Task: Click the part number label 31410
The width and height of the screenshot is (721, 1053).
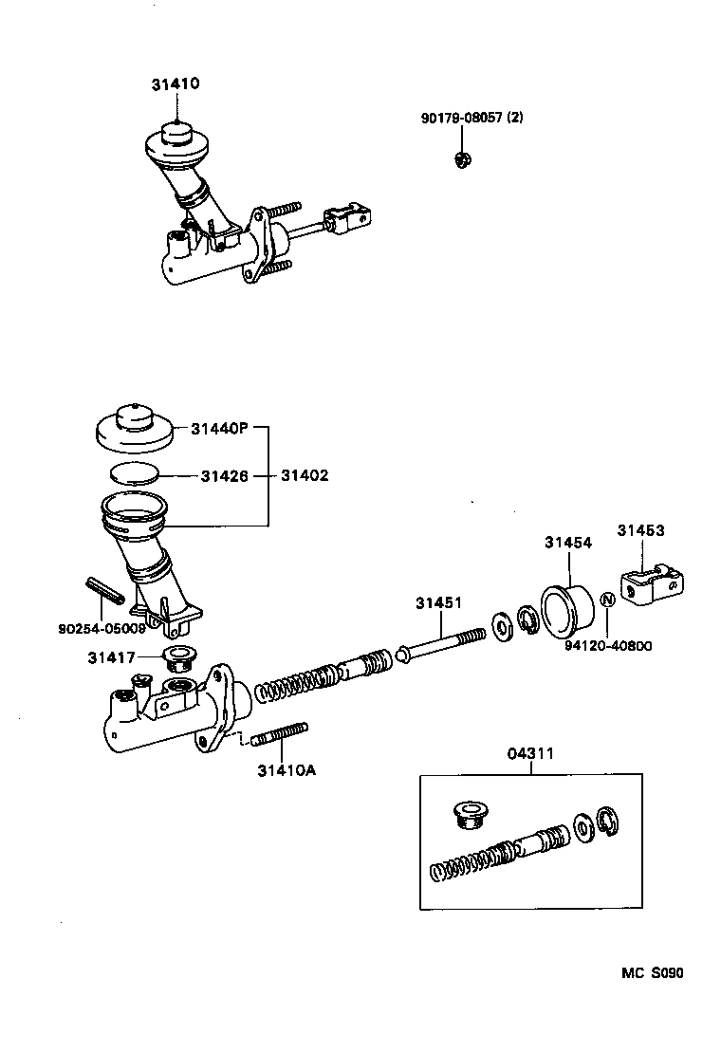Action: click(x=175, y=83)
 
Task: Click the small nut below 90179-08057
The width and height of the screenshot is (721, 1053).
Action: click(x=462, y=160)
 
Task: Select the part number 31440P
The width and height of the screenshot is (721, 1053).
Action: click(x=218, y=429)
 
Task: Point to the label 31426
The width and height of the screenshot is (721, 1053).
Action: click(x=224, y=475)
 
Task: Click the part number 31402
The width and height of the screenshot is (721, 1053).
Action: click(x=305, y=475)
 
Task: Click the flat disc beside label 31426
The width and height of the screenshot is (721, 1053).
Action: click(x=134, y=473)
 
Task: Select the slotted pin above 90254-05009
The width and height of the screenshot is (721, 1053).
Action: click(x=103, y=590)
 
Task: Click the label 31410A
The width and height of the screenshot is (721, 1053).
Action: click(x=286, y=770)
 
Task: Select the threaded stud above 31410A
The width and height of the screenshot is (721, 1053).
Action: click(x=280, y=733)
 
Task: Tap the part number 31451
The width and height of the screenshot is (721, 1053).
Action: click(x=438, y=602)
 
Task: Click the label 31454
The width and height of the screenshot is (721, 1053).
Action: click(x=567, y=543)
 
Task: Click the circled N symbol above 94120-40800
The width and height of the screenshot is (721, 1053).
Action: click(x=609, y=600)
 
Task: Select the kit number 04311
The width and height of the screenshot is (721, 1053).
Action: click(x=530, y=753)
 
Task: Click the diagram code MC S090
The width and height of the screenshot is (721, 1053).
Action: click(x=653, y=972)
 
